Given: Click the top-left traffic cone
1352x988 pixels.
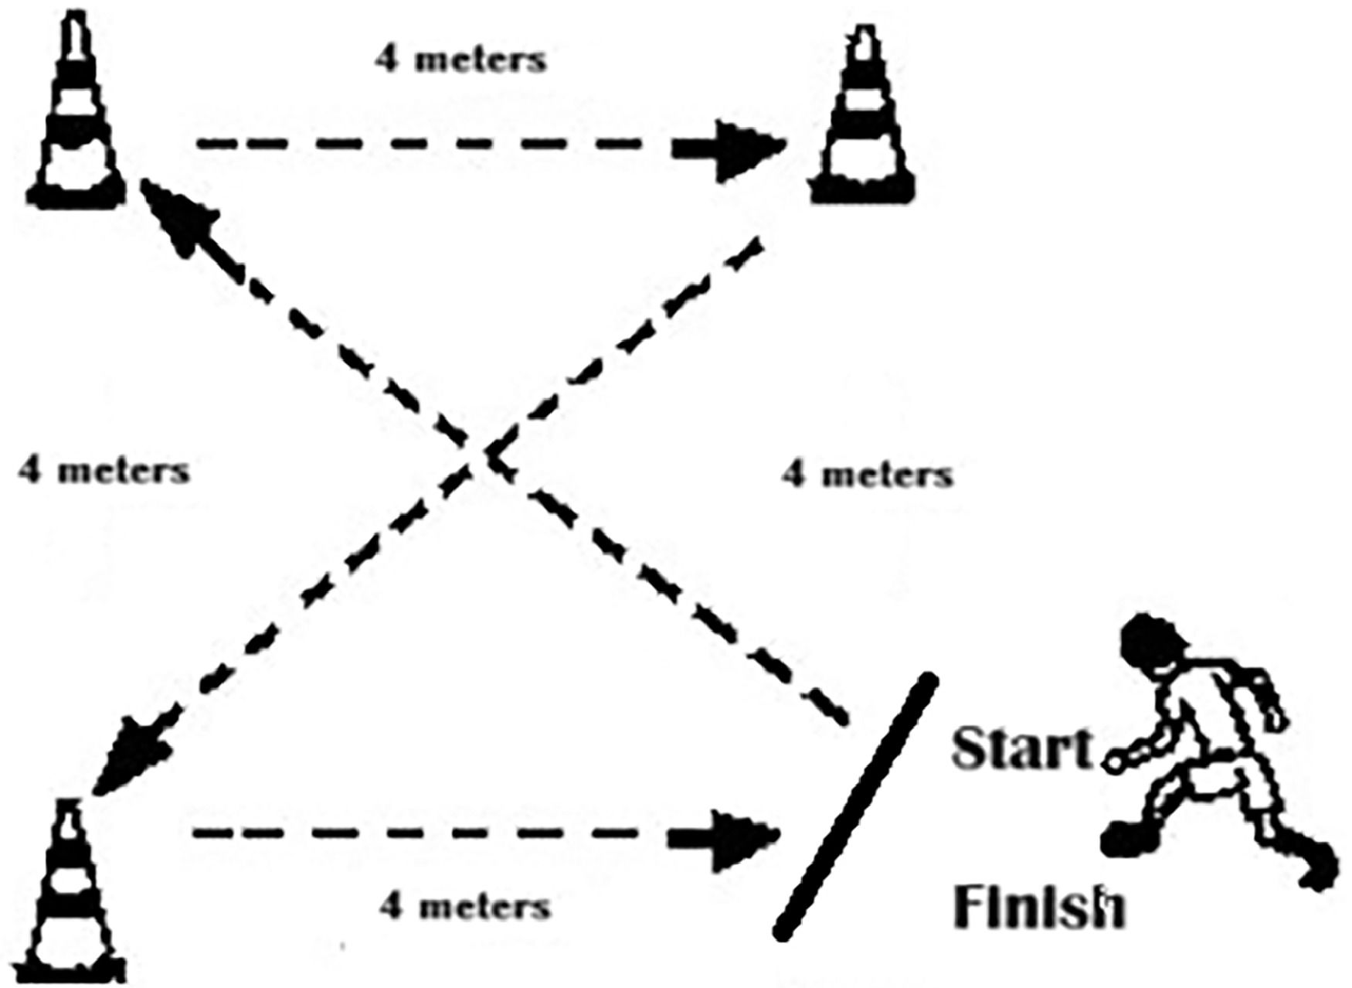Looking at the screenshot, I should coord(77,116).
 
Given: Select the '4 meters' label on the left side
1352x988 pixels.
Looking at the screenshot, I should coord(104,470).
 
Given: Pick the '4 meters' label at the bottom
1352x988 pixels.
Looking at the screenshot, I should coord(466,905).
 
